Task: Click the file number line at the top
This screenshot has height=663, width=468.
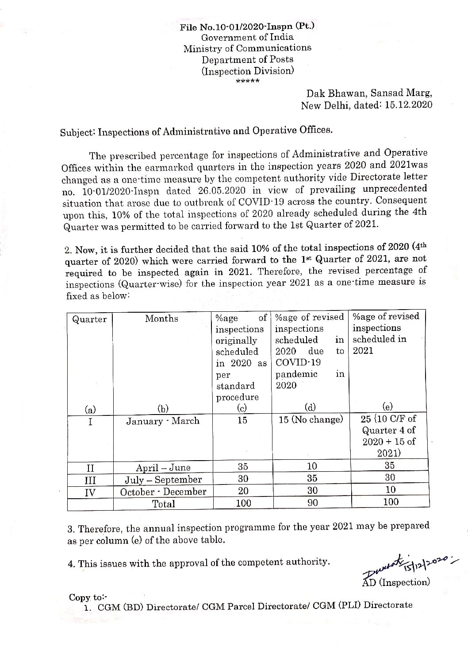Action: [247, 27]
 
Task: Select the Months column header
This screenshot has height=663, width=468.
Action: [161, 318]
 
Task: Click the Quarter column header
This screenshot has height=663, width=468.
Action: [89, 319]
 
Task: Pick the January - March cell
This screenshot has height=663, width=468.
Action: [162, 421]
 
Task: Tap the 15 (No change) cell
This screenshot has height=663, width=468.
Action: [311, 419]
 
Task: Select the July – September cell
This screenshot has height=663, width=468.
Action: [163, 480]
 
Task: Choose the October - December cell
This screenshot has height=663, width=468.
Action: [163, 492]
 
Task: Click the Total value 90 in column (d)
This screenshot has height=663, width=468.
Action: [311, 503]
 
